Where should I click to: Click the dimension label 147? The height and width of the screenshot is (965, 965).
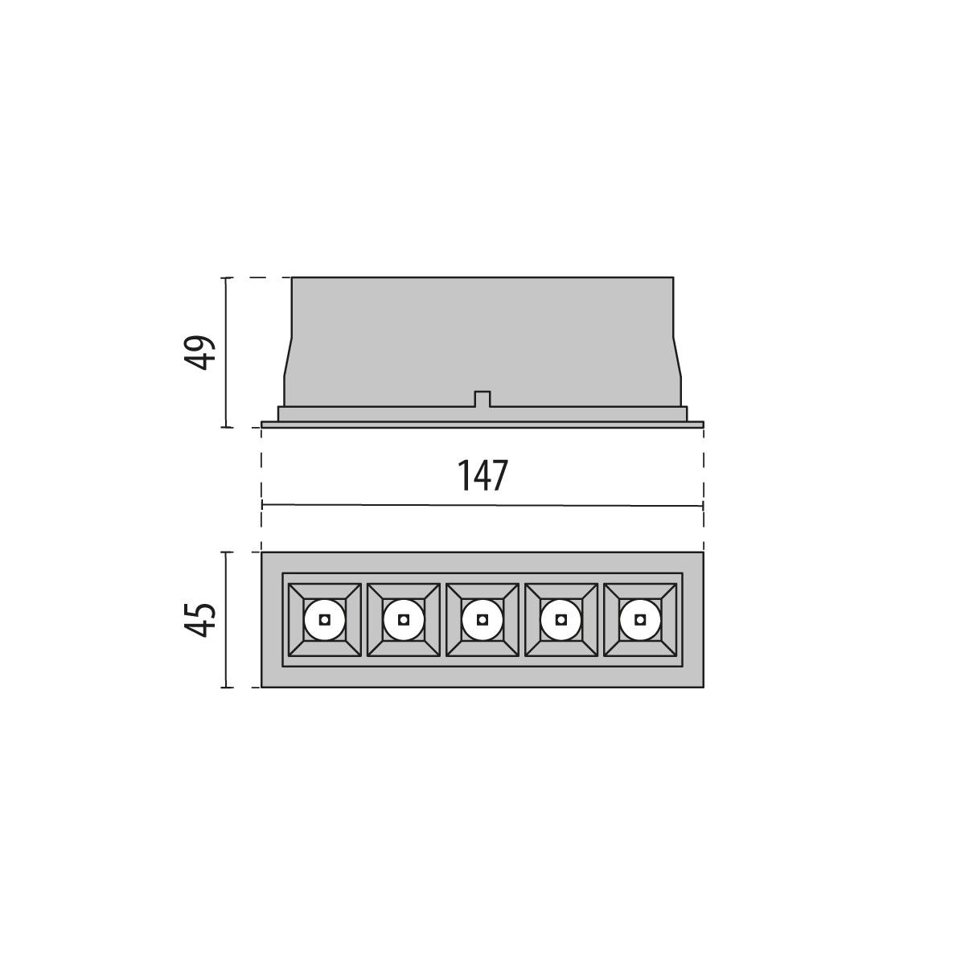click(x=482, y=475)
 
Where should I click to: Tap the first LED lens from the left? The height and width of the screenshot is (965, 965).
click(x=324, y=619)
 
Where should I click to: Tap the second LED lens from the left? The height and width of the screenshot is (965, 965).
click(x=403, y=619)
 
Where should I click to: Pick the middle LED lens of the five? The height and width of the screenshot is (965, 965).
click(x=482, y=619)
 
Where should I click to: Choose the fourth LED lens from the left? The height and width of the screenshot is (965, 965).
click(x=561, y=619)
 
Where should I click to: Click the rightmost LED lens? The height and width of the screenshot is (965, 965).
click(x=639, y=619)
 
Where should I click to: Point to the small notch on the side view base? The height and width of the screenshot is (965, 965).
click(x=482, y=398)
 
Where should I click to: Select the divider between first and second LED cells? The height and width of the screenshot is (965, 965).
click(x=363, y=619)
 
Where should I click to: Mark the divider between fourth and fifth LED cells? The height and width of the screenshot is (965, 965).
click(x=600, y=619)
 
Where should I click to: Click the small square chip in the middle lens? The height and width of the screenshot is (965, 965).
click(x=482, y=619)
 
